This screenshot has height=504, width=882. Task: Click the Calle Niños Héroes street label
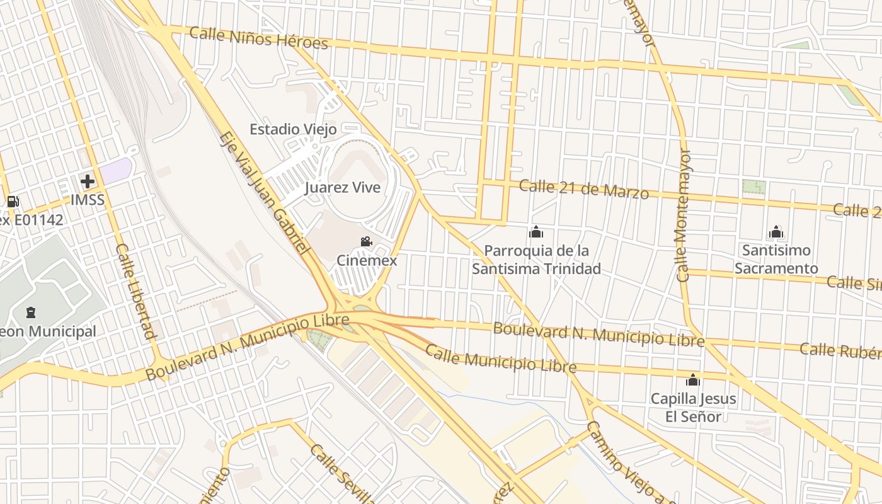pyautogui.click(x=258, y=38)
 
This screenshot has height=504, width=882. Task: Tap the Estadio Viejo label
pyautogui.click(x=293, y=129)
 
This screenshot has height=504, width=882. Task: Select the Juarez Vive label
pyautogui.click(x=343, y=188)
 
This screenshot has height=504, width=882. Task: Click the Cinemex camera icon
pyautogui.click(x=366, y=242)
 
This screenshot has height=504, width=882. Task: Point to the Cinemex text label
pyautogui.click(x=367, y=260)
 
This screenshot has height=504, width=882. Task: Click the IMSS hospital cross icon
pyautogui.click(x=88, y=182)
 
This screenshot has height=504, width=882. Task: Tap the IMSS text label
pyautogui.click(x=88, y=200)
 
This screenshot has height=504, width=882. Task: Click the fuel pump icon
pyautogui.click(x=12, y=202)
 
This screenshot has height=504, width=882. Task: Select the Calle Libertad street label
pyautogui.click(x=135, y=291)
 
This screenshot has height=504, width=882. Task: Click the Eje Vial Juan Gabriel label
pyautogui.click(x=265, y=192)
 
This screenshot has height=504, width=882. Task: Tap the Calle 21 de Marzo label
pyautogui.click(x=583, y=188)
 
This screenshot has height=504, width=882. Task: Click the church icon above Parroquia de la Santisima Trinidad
pyautogui.click(x=536, y=232)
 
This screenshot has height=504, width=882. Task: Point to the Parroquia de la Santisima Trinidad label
pyautogui.click(x=536, y=260)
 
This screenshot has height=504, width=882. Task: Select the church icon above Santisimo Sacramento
pyautogui.click(x=776, y=232)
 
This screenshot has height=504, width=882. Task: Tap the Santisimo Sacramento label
pyautogui.click(x=776, y=259)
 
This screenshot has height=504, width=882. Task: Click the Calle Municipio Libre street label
pyautogui.click(x=500, y=358)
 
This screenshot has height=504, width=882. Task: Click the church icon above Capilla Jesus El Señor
pyautogui.click(x=693, y=380)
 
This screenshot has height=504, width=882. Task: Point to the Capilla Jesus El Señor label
pyautogui.click(x=693, y=407)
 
